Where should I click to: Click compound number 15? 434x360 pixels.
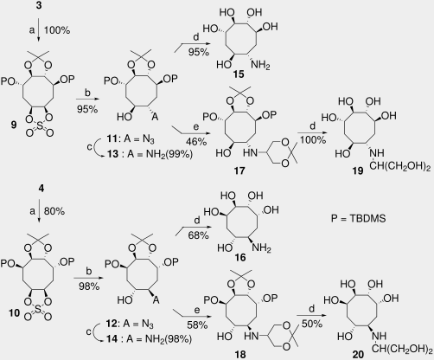(x=239, y=74)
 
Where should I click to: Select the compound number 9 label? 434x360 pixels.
(x=14, y=125)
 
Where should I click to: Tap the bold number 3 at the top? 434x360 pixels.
(x=39, y=5)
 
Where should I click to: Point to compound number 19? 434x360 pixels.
(x=358, y=170)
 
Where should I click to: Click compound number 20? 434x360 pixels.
(x=358, y=354)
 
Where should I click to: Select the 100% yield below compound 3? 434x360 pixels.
(x=57, y=30)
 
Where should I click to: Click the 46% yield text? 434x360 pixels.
(x=197, y=141)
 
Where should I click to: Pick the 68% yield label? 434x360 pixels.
(x=198, y=235)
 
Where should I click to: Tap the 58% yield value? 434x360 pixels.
(x=197, y=325)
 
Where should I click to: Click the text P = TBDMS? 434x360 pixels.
(x=358, y=218)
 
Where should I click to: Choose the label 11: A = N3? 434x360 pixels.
(x=131, y=139)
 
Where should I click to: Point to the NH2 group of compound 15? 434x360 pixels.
(x=261, y=65)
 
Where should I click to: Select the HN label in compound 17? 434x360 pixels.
(x=250, y=152)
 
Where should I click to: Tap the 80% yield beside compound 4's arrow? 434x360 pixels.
(x=54, y=211)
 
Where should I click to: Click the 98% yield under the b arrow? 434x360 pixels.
(x=90, y=286)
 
